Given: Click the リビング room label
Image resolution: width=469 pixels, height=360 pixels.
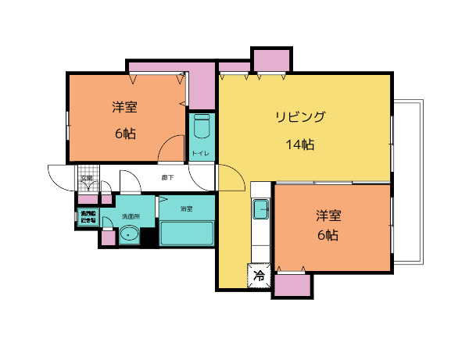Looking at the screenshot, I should point(299,118).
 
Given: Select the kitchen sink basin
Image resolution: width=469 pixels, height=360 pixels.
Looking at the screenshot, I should point(260,209).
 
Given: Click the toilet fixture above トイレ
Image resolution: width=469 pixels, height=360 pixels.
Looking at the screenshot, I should point(202,127).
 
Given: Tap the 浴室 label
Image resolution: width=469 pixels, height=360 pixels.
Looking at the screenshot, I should point(186,209).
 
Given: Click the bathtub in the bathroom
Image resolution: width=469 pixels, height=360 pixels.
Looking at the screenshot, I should point(187,233).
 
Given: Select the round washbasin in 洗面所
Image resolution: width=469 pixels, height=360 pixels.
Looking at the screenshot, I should point(128,234).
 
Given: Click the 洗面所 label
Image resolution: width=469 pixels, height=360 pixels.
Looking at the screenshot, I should point(131,216).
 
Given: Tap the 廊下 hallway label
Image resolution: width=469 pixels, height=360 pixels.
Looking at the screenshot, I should point(166,178).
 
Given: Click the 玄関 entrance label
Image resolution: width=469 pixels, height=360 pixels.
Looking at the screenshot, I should point(86,179).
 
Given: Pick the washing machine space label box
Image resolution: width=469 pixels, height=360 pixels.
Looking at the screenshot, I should point(88,217).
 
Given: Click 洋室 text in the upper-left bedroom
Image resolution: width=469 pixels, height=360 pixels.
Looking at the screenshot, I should point(125,108).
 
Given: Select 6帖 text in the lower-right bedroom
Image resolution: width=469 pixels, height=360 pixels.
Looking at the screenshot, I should point(327,235).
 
